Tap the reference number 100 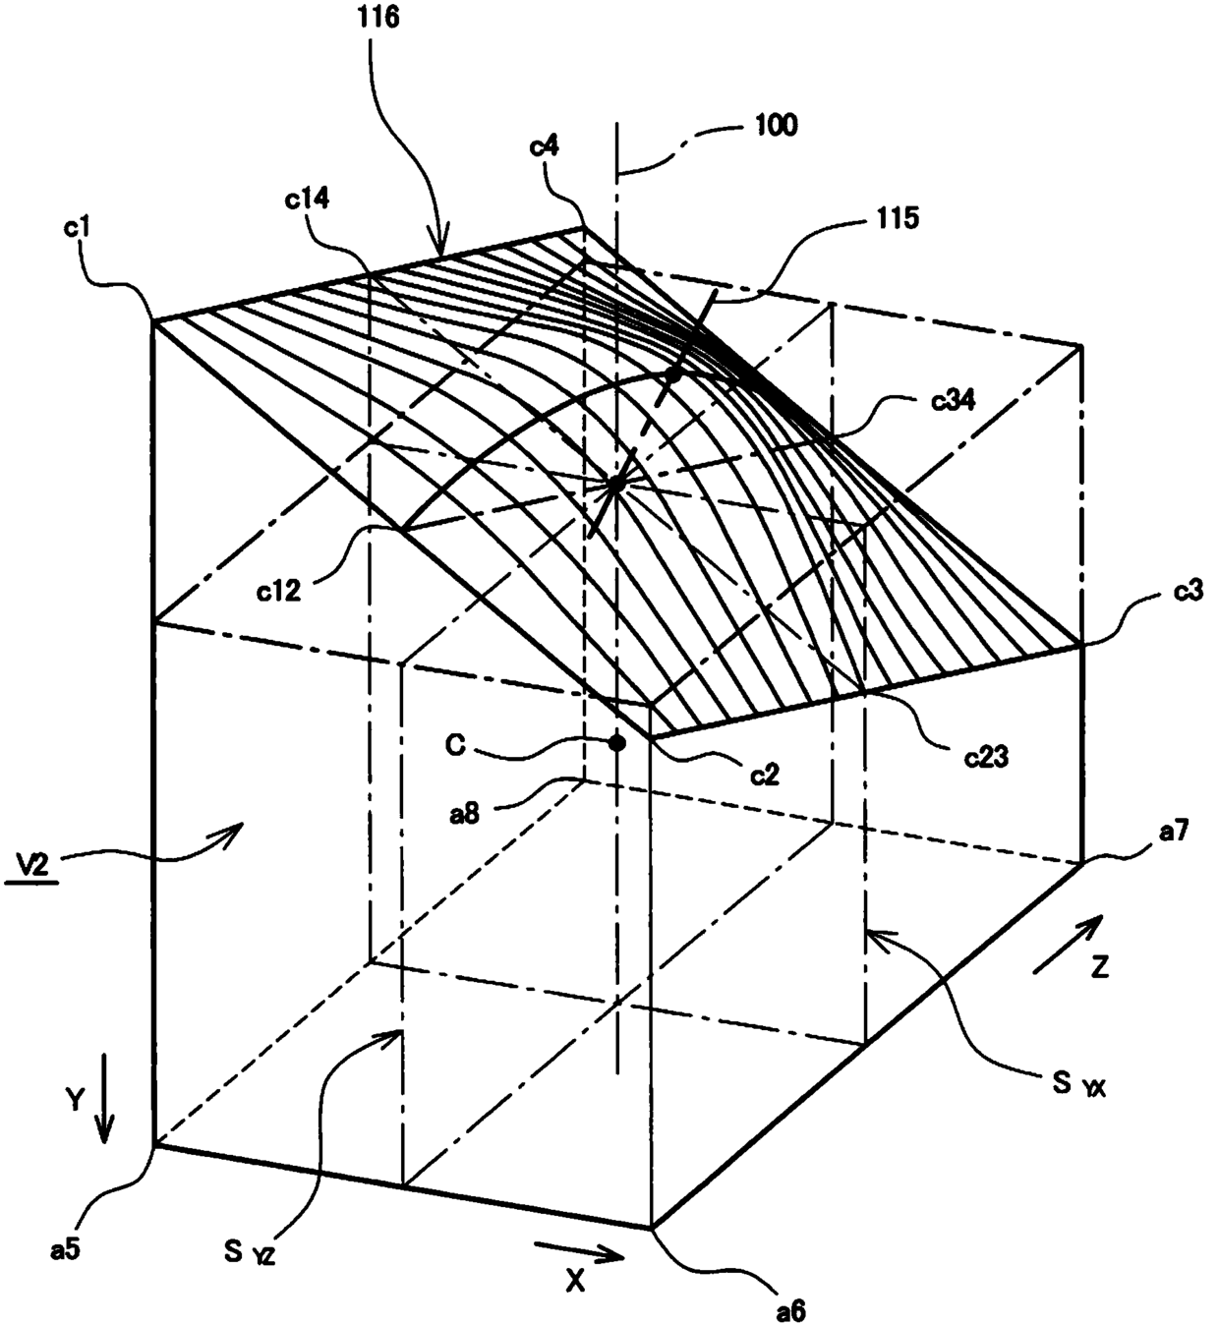click(777, 126)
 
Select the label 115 click(893, 218)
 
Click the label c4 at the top click(544, 147)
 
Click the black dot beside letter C click(616, 743)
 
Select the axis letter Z click(1100, 967)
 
